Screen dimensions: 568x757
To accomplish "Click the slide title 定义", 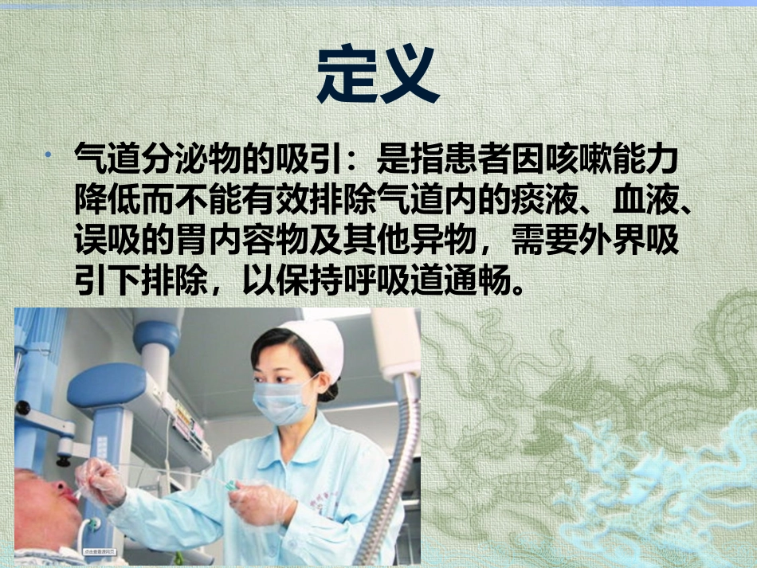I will pyautogui.click(x=378, y=74).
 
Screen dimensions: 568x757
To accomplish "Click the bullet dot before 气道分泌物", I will pyautogui.click(x=49, y=152).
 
